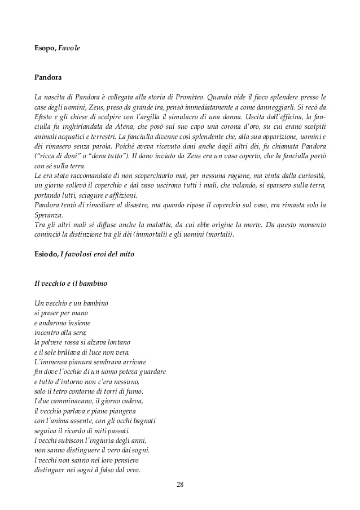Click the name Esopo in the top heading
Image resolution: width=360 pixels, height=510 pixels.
pos(45,49)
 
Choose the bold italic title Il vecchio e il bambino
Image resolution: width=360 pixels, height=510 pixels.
pos(71,282)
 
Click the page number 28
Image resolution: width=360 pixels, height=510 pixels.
pos(180,484)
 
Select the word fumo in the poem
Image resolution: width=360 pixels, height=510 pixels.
pos(135,391)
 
